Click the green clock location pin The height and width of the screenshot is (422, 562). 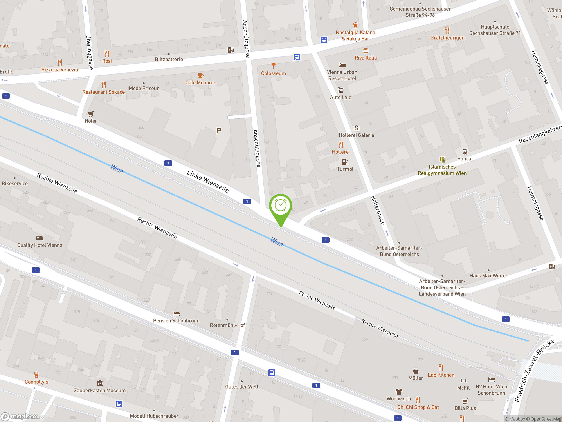tap(281, 207)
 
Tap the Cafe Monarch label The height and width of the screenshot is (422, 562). tap(201, 83)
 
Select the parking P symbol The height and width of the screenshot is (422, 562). tap(218, 131)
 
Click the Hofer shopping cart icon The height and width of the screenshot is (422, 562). tap(91, 114)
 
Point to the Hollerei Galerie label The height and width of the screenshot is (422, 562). tap(356, 135)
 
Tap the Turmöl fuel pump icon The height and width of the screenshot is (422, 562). tap(345, 162)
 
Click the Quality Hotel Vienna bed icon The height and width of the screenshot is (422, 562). tap(40, 238)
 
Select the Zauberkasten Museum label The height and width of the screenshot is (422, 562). tap(100, 390)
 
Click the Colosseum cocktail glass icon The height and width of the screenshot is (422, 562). tap(273, 66)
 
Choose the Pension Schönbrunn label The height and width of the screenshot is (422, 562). tap(176, 321)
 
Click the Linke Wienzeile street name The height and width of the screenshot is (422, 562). tap(208, 181)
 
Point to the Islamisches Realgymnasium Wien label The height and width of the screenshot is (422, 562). tap(442, 170)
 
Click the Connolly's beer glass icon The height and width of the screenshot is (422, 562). tap(36, 375)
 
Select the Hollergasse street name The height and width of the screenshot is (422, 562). tap(378, 210)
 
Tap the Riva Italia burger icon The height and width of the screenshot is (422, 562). tap(366, 51)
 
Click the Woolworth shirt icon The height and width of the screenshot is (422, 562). tap(399, 392)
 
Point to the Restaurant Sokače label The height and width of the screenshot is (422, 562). tap(103, 92)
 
